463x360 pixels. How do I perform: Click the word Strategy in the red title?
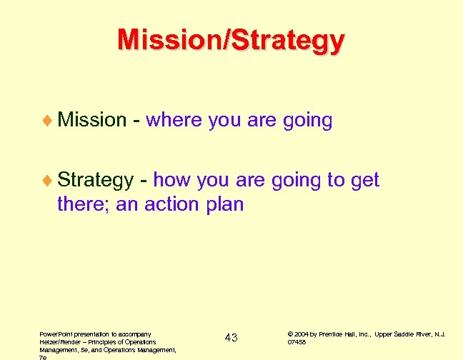coord(287,40)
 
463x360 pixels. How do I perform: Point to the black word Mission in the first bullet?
coord(91,120)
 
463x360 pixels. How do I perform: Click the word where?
coord(174,120)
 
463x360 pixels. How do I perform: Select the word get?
coord(364,180)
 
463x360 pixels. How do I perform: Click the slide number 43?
coord(231,337)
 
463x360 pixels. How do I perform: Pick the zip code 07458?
coord(297,342)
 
